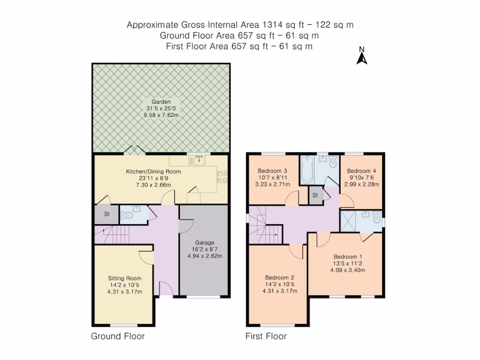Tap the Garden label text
tap(161, 102)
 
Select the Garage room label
tap(205, 243)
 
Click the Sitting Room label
tap(125, 278)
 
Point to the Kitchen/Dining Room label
tap(153, 172)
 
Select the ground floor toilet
tap(127, 216)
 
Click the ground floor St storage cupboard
tap(107, 215)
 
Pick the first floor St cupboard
tap(315, 195)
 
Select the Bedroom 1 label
tap(348, 257)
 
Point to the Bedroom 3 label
tap(272, 171)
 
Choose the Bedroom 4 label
tap(361, 171)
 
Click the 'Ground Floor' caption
tap(118, 336)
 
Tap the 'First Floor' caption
tap(266, 336)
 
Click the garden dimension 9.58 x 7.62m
tap(161, 116)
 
